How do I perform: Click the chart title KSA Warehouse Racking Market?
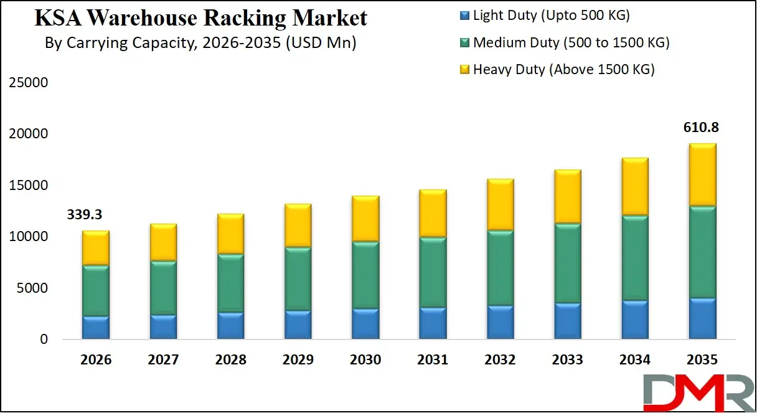tap(200, 18)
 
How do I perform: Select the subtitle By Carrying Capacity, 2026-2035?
tap(200, 44)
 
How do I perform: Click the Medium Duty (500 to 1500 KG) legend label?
tap(571, 42)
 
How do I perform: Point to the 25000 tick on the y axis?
tap(27, 83)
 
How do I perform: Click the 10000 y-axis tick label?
tap(27, 237)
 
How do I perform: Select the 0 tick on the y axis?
tap(44, 339)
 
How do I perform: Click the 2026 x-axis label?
tap(96, 359)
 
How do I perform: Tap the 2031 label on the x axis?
tap(433, 359)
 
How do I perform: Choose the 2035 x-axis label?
tap(702, 359)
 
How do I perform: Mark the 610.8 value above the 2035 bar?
tap(702, 127)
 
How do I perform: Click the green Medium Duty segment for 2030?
tap(365, 275)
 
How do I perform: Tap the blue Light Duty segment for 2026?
tap(96, 328)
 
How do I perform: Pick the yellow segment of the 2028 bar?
tap(230, 234)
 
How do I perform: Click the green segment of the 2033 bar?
tap(567, 263)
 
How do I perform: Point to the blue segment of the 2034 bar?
tap(634, 320)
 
